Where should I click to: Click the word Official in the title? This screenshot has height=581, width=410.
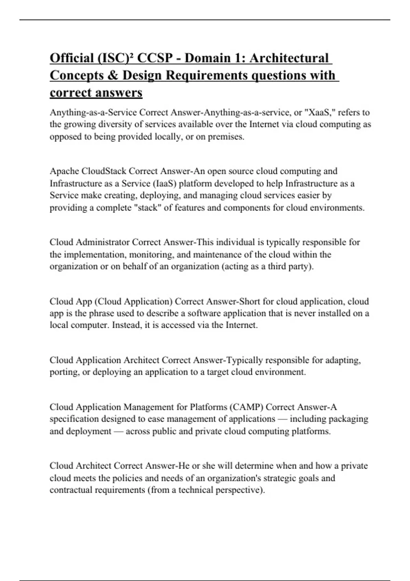pos(71,58)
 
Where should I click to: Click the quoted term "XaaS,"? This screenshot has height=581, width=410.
pos(319,112)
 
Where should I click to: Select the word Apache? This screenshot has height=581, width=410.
pos(64,171)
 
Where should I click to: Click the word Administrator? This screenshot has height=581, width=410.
pos(102,242)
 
